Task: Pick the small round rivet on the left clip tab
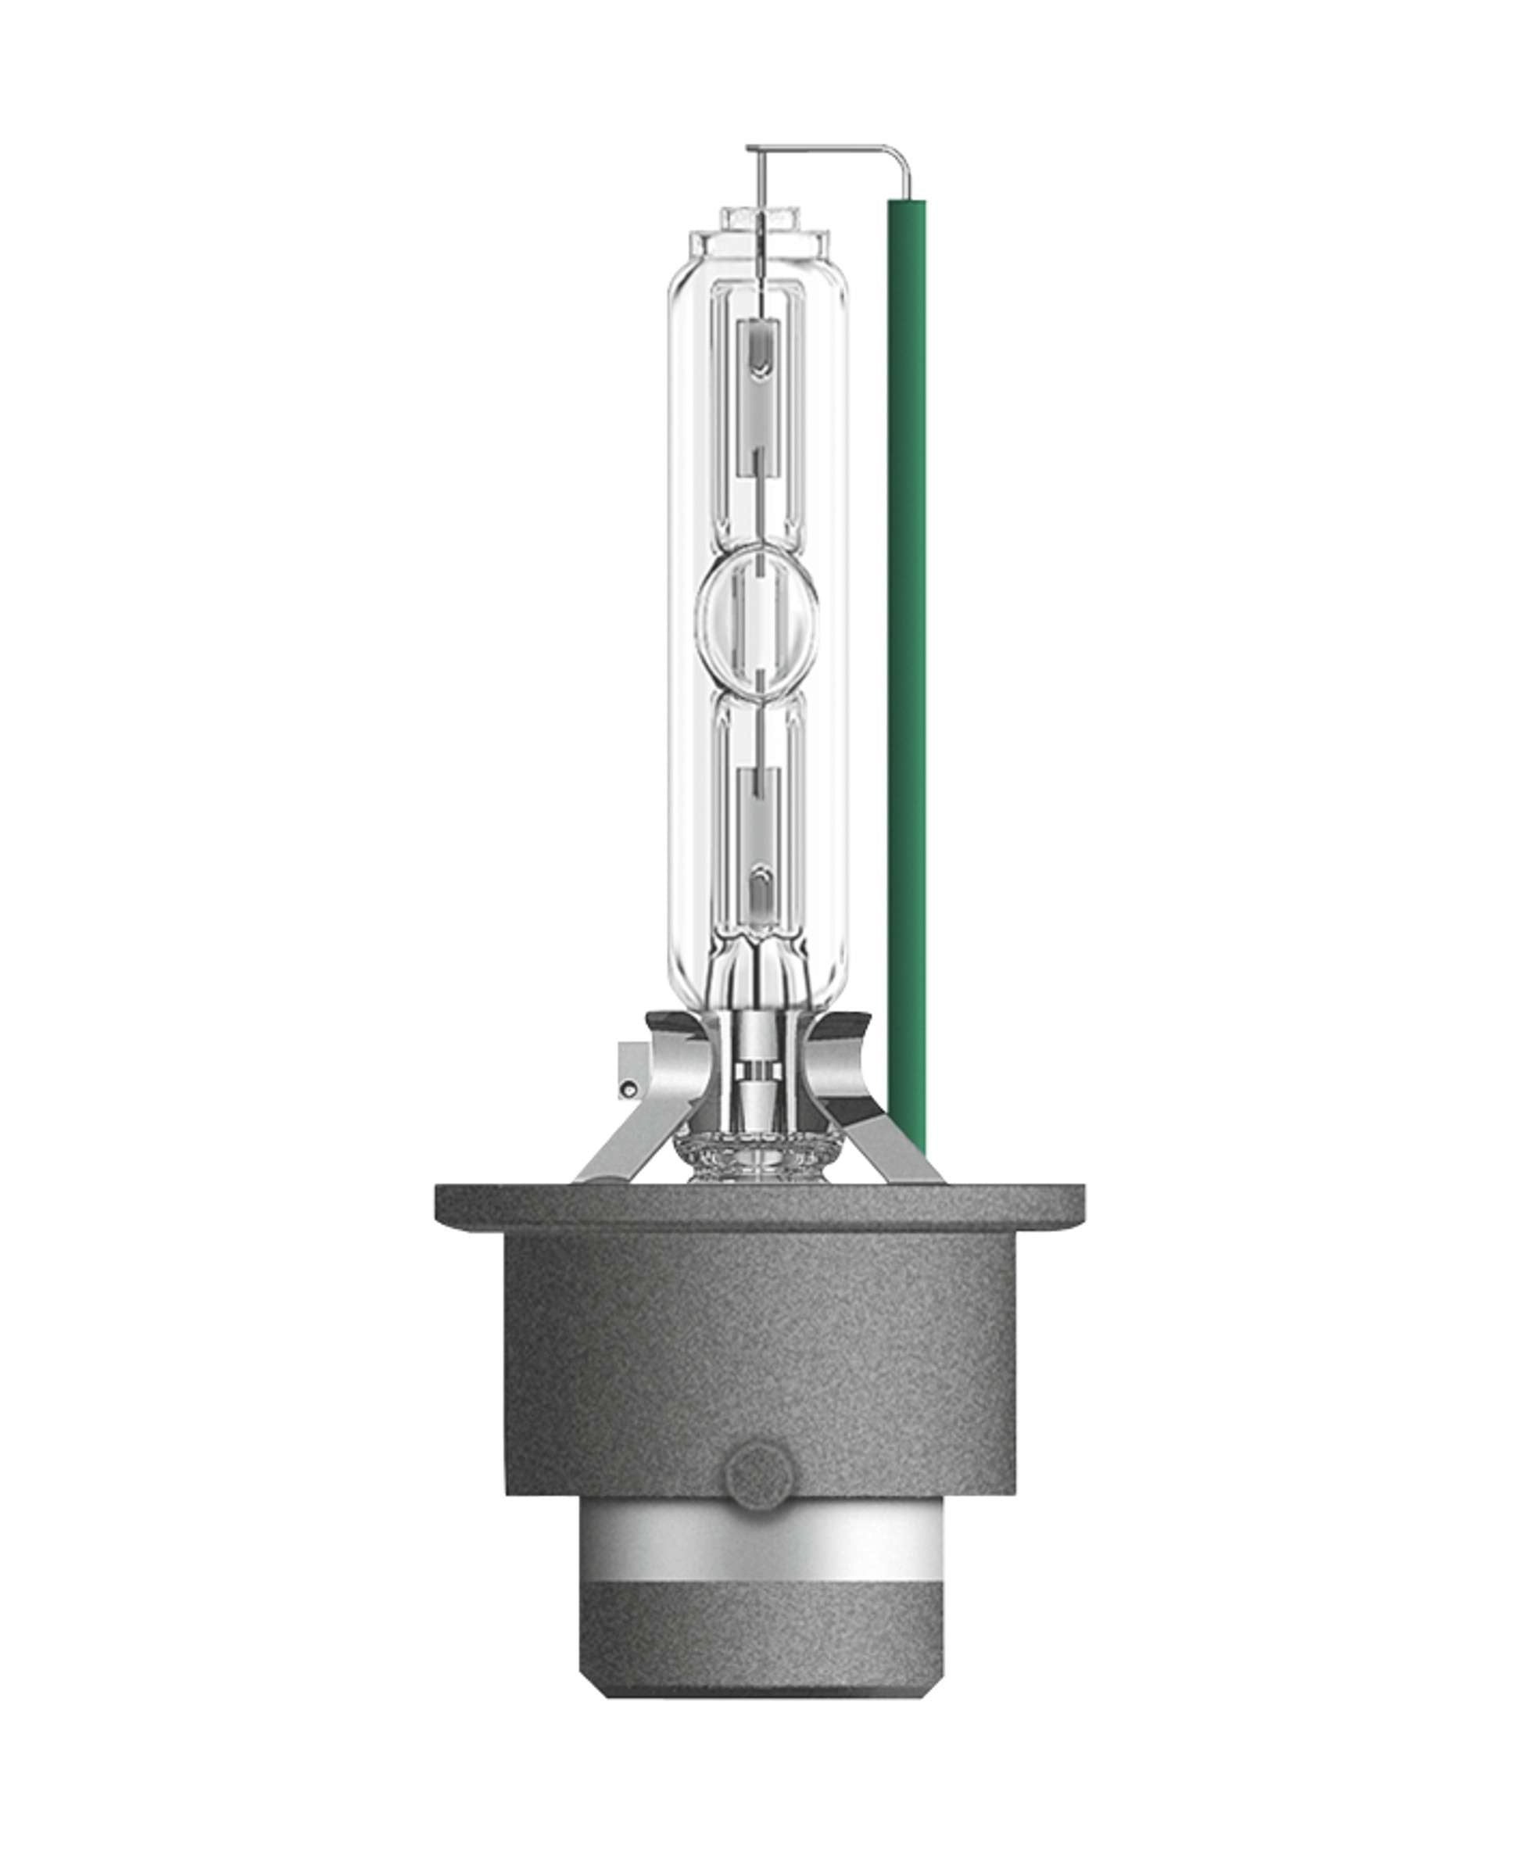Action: coord(626,1090)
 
